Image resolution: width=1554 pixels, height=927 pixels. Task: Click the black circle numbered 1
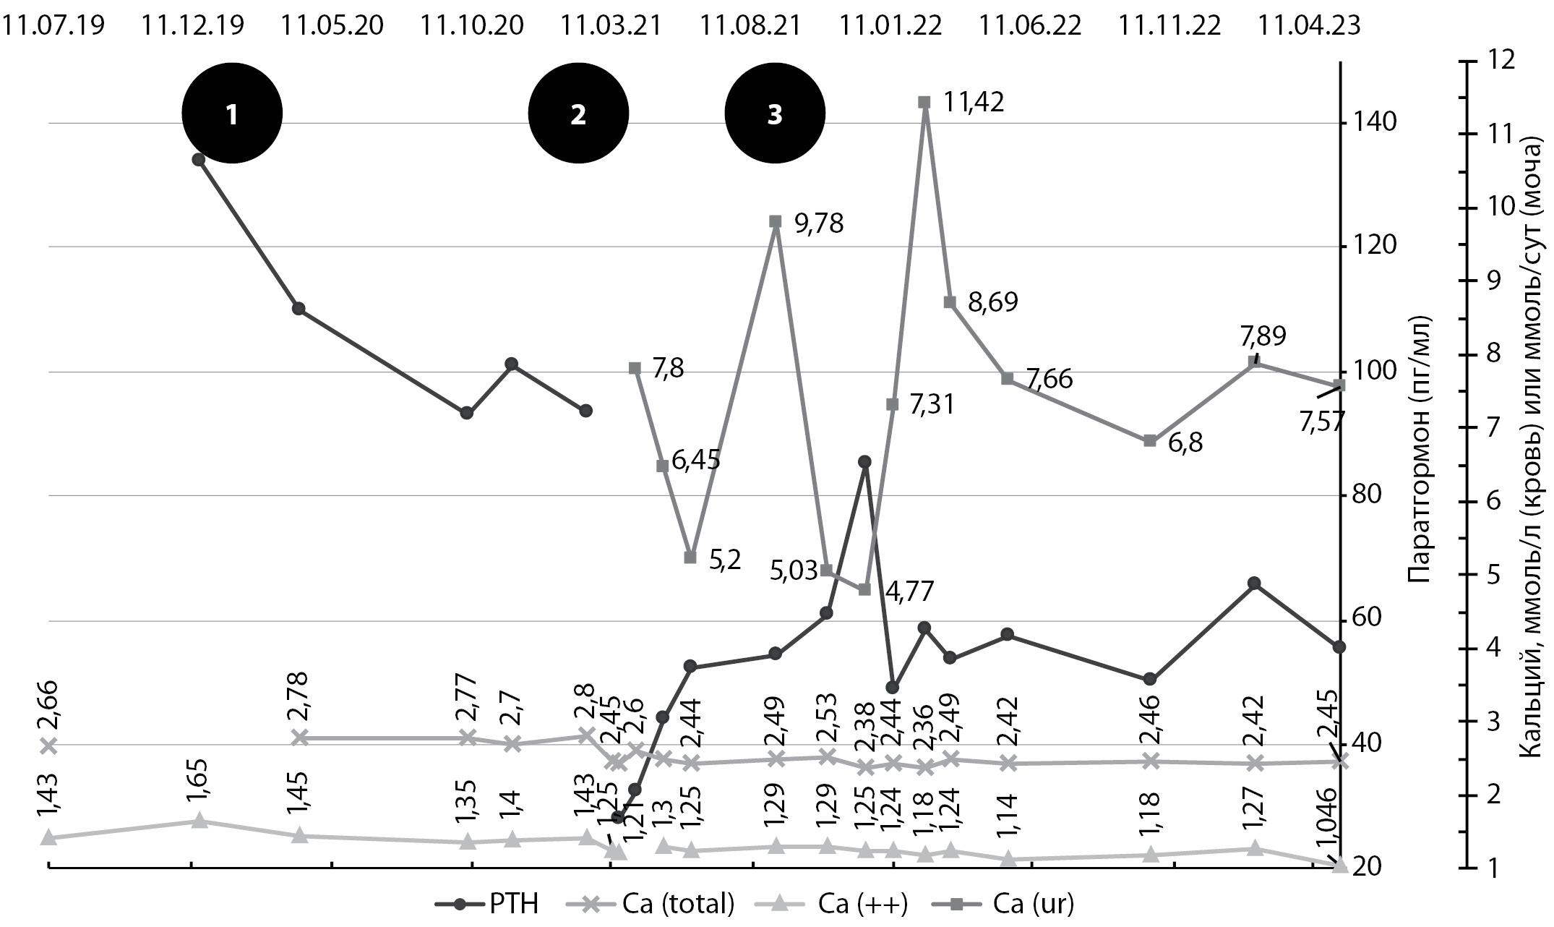coord(231,114)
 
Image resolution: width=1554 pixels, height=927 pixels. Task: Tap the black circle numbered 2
coord(578,114)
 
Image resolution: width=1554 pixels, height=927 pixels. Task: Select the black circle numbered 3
coord(775,114)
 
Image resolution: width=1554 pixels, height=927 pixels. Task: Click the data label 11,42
coord(973,103)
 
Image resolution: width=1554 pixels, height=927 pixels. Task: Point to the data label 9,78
coord(819,223)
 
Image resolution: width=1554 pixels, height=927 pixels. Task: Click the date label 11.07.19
coord(53,26)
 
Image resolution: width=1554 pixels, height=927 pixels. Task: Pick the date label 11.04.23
coord(1309,26)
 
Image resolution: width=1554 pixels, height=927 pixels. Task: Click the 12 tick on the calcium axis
coord(1497,61)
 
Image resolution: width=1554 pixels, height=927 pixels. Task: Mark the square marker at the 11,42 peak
coord(924,103)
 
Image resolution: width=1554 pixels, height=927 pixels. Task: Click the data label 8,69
coord(993,302)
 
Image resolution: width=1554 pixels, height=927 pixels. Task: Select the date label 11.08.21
coord(750,26)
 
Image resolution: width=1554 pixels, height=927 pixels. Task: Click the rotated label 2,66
coord(49,705)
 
